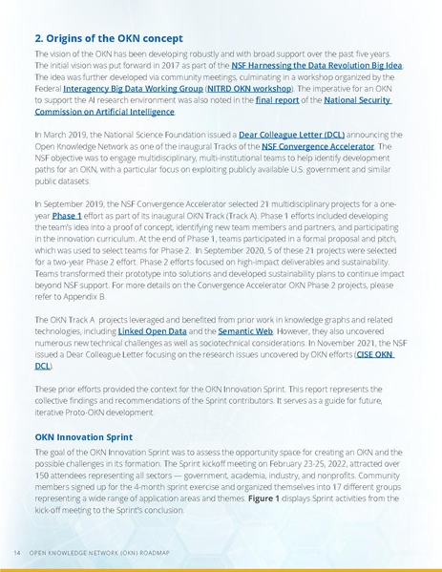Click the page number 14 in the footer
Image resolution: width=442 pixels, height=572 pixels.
pos(17,553)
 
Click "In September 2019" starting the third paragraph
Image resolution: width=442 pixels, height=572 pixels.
pos(68,203)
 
